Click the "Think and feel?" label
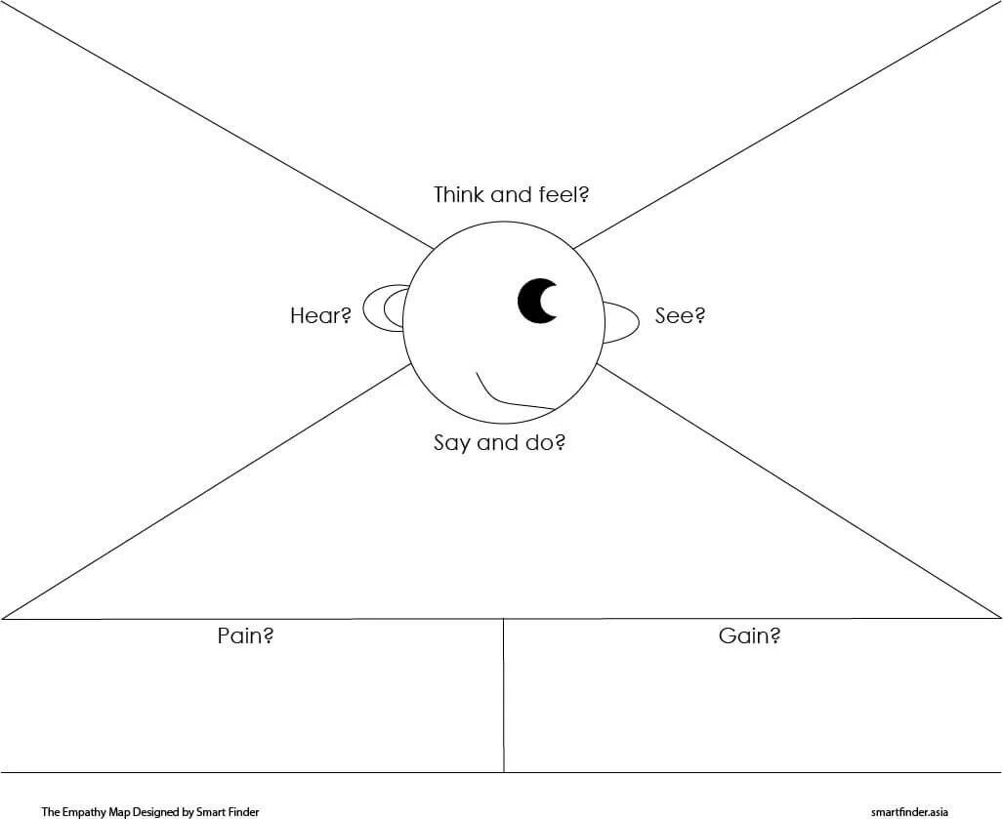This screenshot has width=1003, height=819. point(511,194)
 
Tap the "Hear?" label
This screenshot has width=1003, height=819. point(320,315)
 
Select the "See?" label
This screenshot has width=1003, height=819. point(680,315)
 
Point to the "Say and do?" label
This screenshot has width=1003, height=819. point(499,442)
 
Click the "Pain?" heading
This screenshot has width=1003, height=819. point(244,635)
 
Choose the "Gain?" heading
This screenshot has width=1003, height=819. point(749,635)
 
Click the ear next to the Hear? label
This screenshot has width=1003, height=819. point(384,308)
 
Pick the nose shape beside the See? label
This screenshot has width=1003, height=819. point(619,322)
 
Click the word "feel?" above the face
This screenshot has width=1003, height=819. point(564,194)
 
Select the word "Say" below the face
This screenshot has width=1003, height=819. point(451,443)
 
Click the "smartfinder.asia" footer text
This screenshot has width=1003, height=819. point(909,811)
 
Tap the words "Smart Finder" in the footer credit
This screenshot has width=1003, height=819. point(230,811)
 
